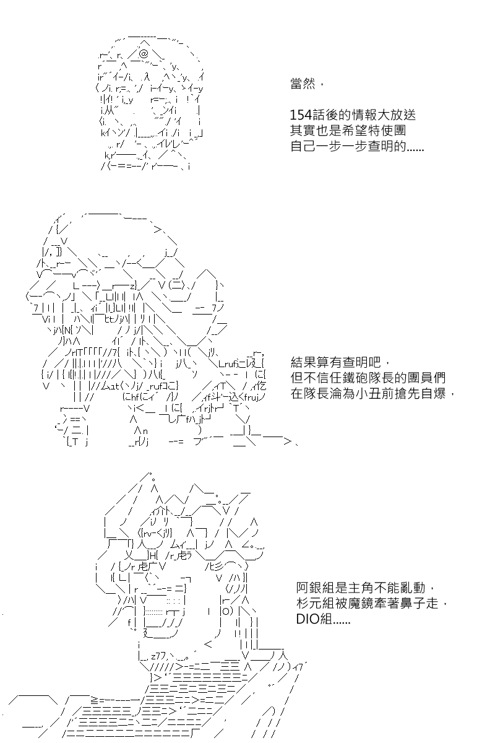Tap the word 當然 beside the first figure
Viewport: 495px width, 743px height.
pyautogui.click(x=303, y=84)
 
